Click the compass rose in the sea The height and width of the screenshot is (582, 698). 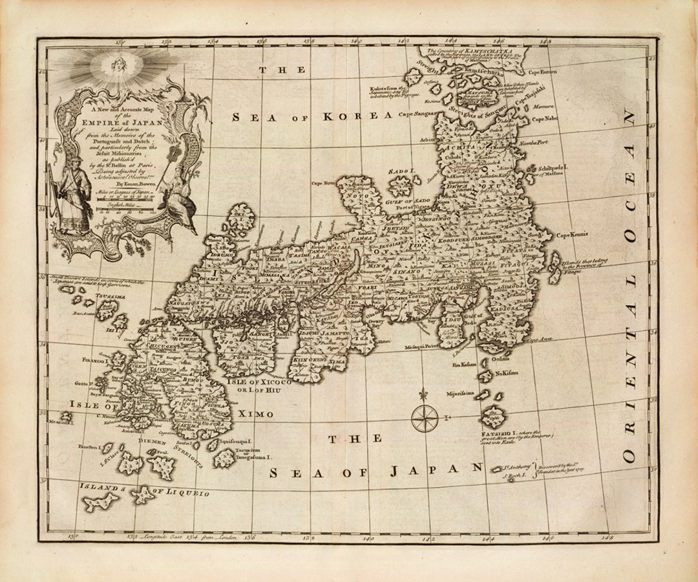425,417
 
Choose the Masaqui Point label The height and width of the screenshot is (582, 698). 423,347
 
